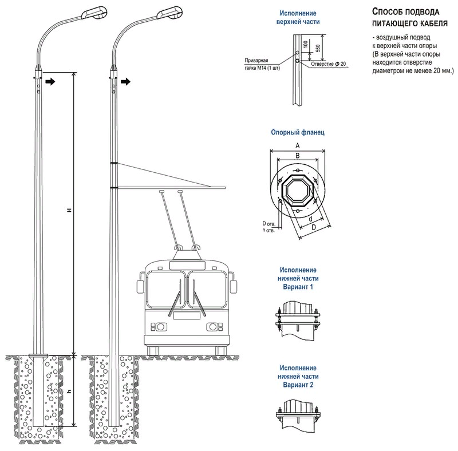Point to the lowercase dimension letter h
69,391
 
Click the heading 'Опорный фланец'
298,132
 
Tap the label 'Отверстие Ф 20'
329,64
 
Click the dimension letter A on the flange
298,146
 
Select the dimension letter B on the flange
298,155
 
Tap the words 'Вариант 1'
298,286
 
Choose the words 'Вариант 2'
298,385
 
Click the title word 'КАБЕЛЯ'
427,23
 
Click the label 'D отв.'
269,223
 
